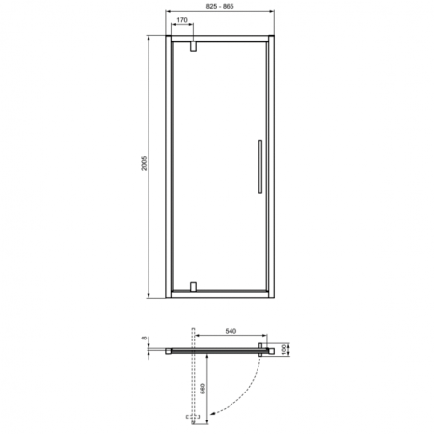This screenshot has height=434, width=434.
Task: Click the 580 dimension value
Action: tap(202, 392)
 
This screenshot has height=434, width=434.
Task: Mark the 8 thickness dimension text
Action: tap(145, 339)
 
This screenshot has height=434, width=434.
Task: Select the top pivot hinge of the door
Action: tap(194, 45)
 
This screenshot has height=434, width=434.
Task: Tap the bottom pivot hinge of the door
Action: tap(194, 286)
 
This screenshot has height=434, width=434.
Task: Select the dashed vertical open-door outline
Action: tap(194, 386)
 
